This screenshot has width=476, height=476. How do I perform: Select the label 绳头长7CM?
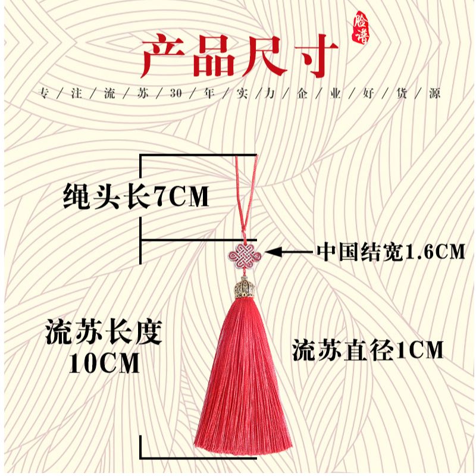click(x=136, y=197)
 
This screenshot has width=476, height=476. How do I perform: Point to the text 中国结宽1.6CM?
click(x=390, y=252)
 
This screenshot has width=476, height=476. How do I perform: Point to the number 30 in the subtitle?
click(x=175, y=95)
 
